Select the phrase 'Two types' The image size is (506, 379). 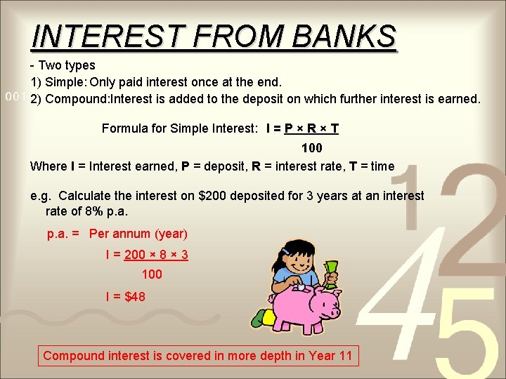click(67, 65)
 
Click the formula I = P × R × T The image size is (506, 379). click(302, 128)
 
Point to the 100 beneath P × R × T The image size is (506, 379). click(312, 148)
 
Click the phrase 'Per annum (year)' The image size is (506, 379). click(138, 234)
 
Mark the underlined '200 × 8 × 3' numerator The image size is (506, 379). click(156, 255)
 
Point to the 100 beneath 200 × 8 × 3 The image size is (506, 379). click(152, 274)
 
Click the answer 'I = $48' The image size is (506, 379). click(125, 297)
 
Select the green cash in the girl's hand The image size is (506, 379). click(330, 271)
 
